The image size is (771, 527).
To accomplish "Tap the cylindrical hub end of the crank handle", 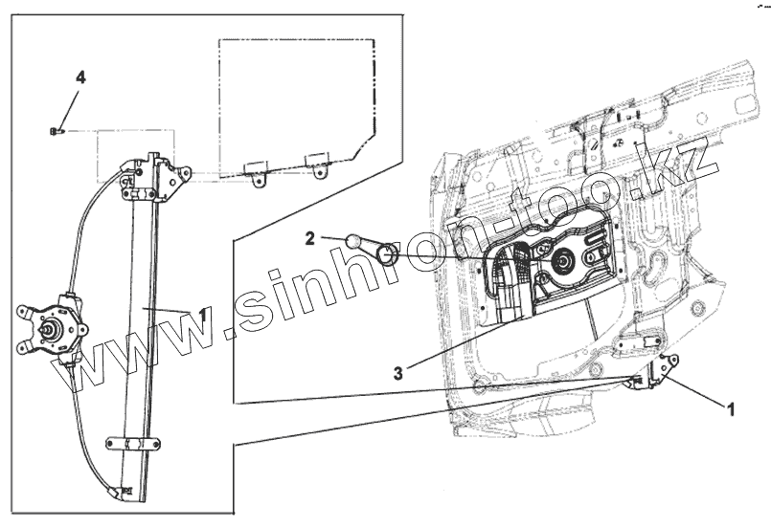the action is (x=388, y=255).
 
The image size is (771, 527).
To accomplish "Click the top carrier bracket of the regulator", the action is (x=153, y=179).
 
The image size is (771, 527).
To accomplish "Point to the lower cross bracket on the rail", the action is (x=132, y=442).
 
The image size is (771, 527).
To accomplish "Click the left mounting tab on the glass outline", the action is (x=256, y=171).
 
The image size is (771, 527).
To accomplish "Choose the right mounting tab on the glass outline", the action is (x=315, y=162).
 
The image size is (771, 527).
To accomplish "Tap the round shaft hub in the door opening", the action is (x=560, y=260).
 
